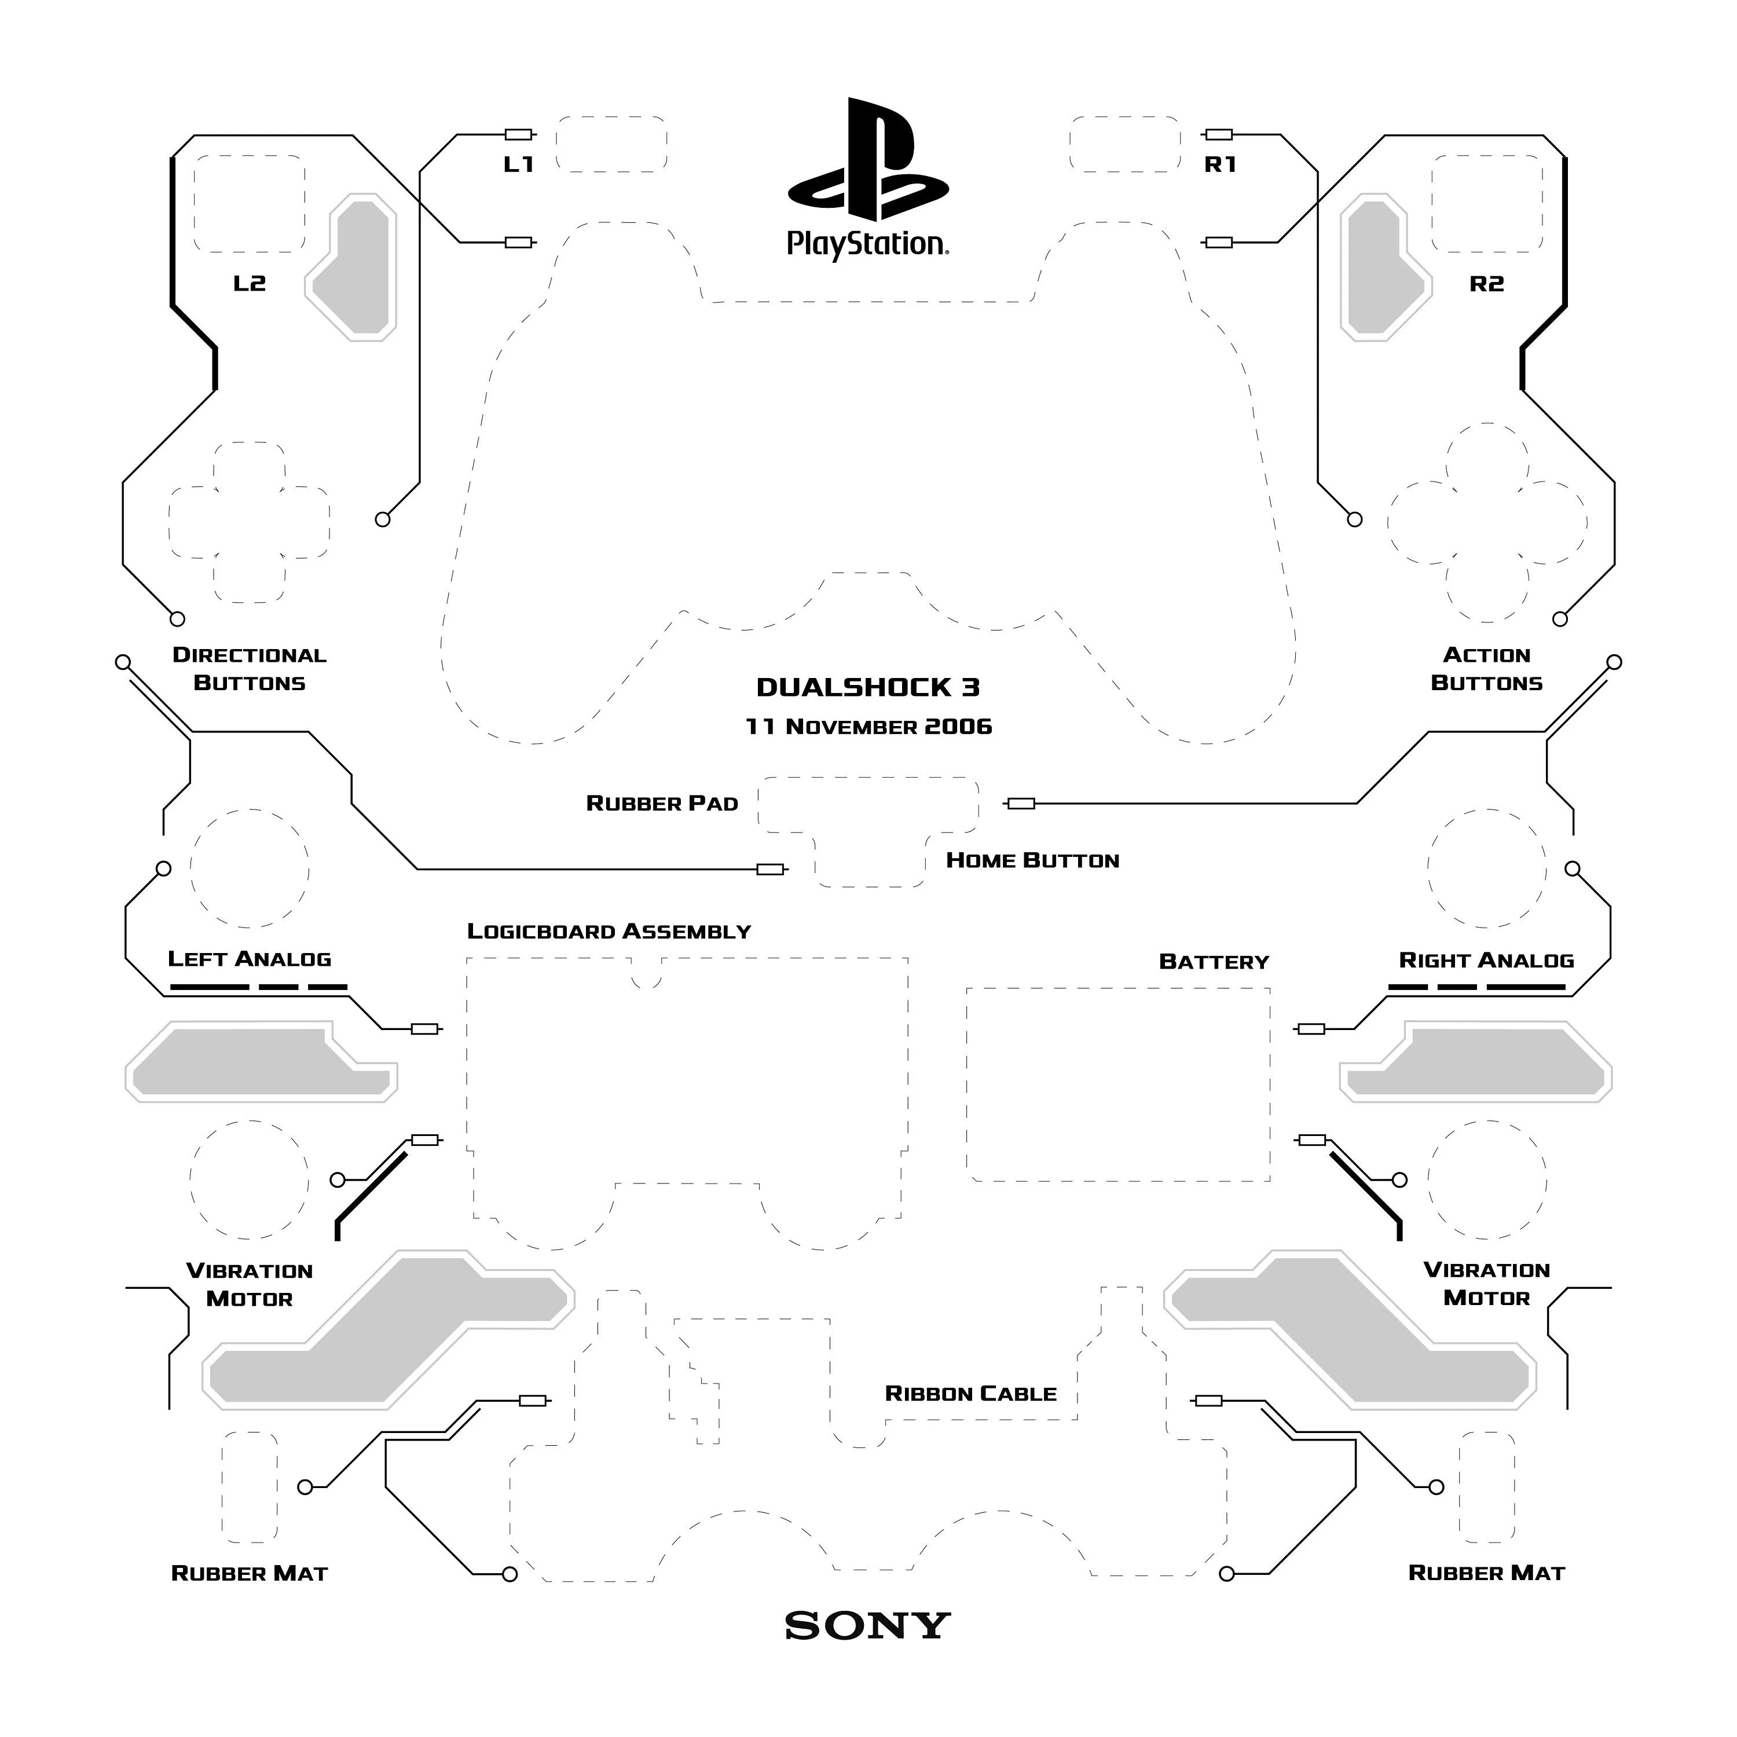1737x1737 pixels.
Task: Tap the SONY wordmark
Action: pyautogui.click(x=867, y=1625)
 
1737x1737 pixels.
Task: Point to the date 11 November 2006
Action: pyautogui.click(x=868, y=727)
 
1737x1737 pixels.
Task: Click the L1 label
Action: pyautogui.click(x=519, y=164)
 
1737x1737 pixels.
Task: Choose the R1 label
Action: pyautogui.click(x=1220, y=164)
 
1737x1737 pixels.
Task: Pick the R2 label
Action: pyautogui.click(x=1486, y=284)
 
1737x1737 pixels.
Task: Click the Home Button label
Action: pyautogui.click(x=1033, y=860)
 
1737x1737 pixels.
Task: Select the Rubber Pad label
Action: pyautogui.click(x=662, y=804)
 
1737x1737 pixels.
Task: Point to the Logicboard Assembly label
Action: pyautogui.click(x=609, y=932)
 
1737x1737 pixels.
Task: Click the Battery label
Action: pyautogui.click(x=1214, y=962)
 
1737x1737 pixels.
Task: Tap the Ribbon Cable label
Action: pyautogui.click(x=971, y=1394)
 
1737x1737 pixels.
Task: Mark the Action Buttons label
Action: pyautogui.click(x=1486, y=669)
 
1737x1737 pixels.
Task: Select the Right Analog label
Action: pyautogui.click(x=1486, y=960)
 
